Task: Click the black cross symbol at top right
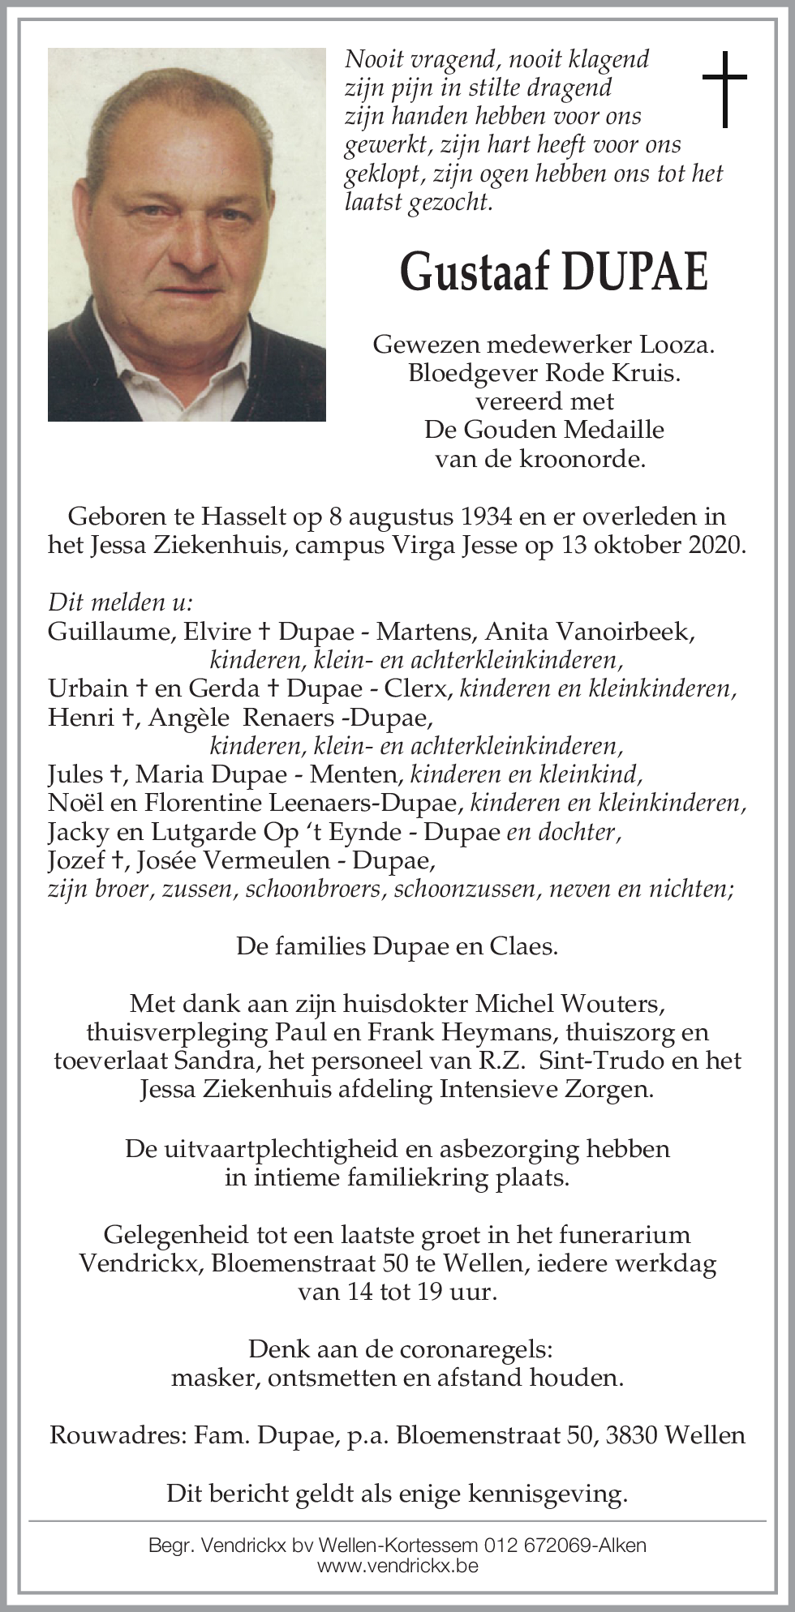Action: coord(724,88)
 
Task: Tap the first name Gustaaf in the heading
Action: coord(475,272)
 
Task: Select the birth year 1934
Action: coord(485,517)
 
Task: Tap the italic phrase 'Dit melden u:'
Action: coord(120,602)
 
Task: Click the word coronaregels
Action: coord(466,1349)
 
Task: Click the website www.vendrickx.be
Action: coord(397,1566)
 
